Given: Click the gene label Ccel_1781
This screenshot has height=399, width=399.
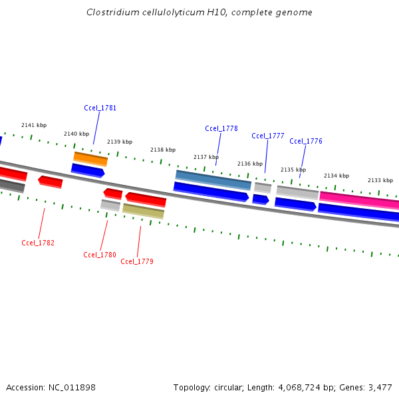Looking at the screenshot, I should (x=100, y=108).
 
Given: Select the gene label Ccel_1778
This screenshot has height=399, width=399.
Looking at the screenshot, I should (x=221, y=128).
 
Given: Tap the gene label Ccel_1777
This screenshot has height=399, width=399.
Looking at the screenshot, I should (x=268, y=136).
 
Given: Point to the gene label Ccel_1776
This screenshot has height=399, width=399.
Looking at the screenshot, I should (x=306, y=141).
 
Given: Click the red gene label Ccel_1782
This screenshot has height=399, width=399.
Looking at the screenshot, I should (x=38, y=243).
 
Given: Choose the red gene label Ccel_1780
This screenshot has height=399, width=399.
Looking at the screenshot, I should (x=100, y=255).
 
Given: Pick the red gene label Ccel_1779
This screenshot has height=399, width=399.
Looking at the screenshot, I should (x=137, y=261).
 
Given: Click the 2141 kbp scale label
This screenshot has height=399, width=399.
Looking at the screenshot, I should (x=34, y=125).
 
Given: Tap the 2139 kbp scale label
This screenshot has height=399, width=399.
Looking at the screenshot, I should (x=120, y=142).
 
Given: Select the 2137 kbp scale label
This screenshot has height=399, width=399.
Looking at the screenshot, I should (x=206, y=157).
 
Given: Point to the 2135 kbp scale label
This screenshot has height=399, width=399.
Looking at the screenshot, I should (x=293, y=170).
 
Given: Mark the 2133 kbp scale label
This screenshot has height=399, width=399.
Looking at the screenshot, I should (x=380, y=180).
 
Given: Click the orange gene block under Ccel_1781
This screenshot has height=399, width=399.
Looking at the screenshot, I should (x=90, y=159).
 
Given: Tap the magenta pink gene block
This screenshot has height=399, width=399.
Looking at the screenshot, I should (x=359, y=200).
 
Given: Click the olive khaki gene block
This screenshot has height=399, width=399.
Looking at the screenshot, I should (x=144, y=211).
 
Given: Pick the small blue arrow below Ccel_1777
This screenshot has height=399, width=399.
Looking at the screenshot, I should (x=261, y=199).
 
